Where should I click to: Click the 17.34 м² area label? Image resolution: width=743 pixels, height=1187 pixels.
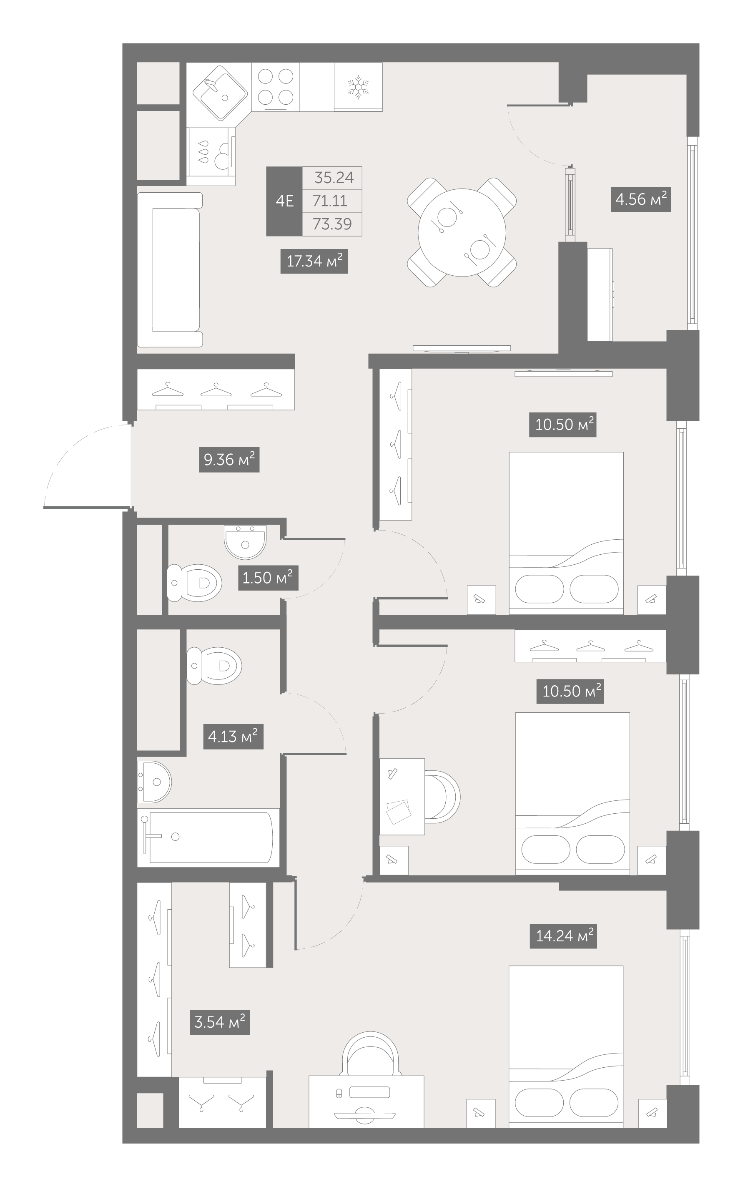coord(314,261)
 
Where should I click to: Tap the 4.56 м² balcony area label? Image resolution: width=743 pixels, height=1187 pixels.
coord(641,199)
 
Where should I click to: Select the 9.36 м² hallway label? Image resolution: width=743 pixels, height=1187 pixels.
coord(229,460)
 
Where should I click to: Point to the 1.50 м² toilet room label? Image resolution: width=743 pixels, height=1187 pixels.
coord(268,578)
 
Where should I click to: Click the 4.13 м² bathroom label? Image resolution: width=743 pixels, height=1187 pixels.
coord(233,736)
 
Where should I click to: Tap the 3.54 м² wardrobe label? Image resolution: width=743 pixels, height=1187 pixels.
coord(220,1022)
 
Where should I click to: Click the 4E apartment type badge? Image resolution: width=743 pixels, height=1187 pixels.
coord(284,201)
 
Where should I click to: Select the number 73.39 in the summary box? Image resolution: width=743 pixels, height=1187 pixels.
coord(332,224)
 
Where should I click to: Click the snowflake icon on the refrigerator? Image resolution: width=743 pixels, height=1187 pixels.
coord(358,86)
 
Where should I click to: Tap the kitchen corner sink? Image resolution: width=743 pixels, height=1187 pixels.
coord(220,93)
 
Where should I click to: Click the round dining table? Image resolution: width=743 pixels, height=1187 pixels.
coord(462,232)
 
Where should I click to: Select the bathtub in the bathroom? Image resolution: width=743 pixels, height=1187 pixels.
coord(208,837)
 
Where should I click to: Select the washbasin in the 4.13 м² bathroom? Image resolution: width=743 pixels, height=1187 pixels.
coord(154,782)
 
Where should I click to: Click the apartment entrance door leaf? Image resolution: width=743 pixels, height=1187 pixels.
coord(87,507)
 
